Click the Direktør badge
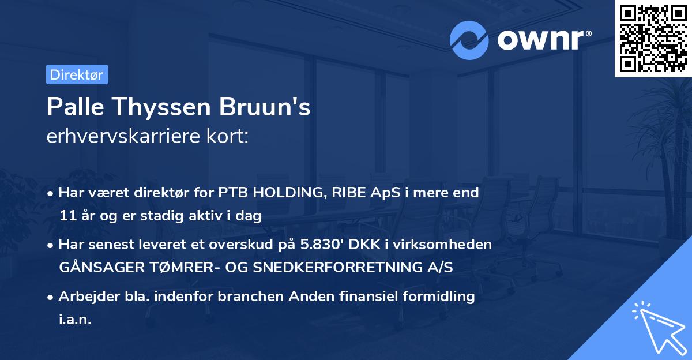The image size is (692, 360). coord(77,74)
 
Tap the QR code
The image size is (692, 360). coord(653,38)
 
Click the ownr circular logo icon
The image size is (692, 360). coord(468,40)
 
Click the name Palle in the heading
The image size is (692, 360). coord(72,108)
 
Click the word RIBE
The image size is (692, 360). coord(344,193)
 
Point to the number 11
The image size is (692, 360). coord(66,216)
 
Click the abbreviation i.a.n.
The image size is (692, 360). coord(75,320)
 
